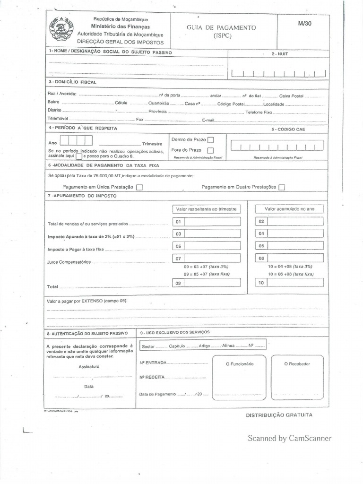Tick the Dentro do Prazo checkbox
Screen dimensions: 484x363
click(x=210, y=140)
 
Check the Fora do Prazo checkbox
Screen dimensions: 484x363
click(x=210, y=150)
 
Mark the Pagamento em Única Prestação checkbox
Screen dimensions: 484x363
click(x=139, y=187)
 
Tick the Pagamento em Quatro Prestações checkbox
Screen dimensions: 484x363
click(x=282, y=187)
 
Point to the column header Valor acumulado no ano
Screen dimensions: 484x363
click(x=289, y=209)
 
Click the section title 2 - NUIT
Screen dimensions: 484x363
click(x=279, y=54)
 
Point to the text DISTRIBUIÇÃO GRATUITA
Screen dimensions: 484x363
click(x=279, y=415)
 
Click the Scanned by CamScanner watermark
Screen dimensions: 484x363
click(x=289, y=438)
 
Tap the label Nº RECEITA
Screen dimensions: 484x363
click(x=152, y=378)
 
